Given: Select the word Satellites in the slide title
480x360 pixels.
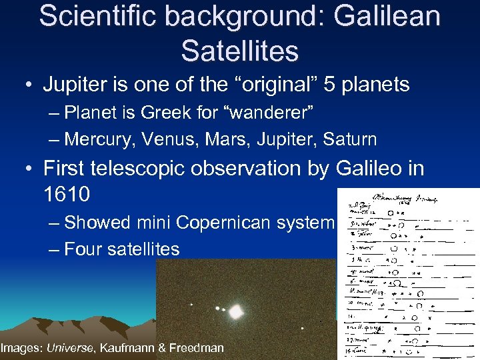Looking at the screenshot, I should (240, 50).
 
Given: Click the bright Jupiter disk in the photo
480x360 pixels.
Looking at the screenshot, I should (235, 311).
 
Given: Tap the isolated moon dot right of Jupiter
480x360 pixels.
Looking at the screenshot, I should (302, 328).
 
